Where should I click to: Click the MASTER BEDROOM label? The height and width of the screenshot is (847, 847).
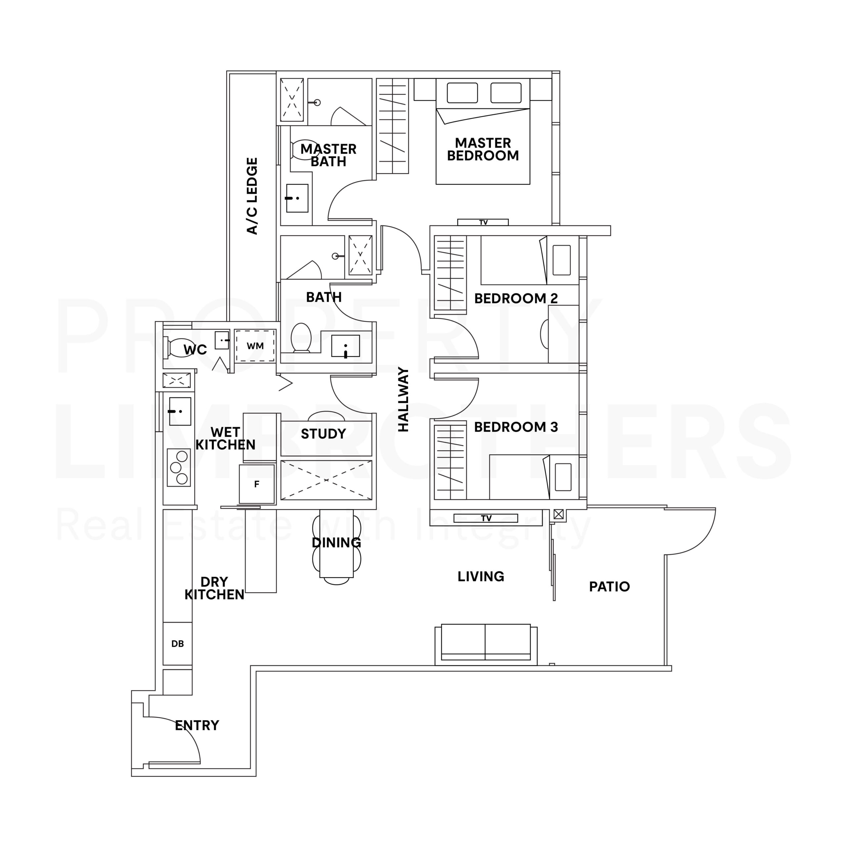[483, 150]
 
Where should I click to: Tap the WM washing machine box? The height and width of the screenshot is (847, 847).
[255, 346]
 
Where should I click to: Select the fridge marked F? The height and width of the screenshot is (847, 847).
[257, 484]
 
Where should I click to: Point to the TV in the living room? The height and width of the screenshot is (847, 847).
[486, 518]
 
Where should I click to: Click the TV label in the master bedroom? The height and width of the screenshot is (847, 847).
[483, 223]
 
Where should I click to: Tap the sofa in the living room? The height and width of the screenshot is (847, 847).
[486, 643]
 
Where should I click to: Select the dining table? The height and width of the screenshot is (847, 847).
[336, 544]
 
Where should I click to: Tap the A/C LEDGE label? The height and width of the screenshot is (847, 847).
[252, 196]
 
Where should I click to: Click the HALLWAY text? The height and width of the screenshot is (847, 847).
[403, 399]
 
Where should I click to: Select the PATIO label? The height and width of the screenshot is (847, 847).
[609, 587]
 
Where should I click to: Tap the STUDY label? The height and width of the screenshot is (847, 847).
[324, 434]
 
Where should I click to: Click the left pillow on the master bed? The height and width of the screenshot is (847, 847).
[462, 93]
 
